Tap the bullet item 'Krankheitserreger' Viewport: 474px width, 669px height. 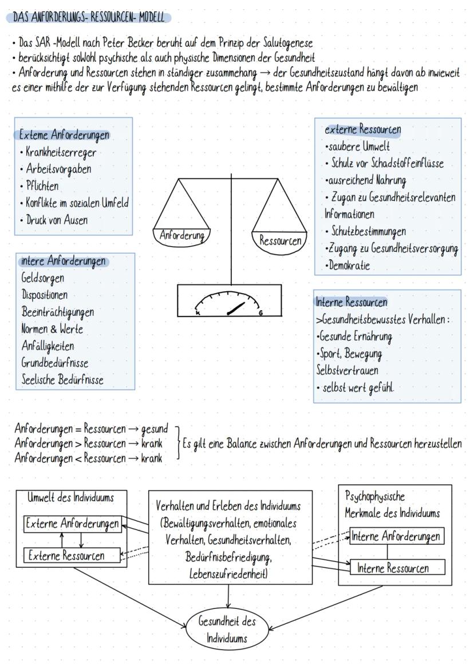[x=60, y=152]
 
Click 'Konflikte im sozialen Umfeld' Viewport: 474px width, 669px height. [x=77, y=203]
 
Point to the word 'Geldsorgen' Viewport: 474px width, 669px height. [x=42, y=278]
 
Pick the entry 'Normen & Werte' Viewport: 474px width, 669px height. [x=52, y=329]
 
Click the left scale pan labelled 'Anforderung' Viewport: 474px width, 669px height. [x=182, y=234]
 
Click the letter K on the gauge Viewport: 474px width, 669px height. [x=197, y=313]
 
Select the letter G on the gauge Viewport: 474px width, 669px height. [x=260, y=313]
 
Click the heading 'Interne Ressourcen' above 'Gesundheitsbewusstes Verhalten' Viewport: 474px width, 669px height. [x=351, y=302]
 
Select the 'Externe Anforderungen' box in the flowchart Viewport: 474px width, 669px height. [x=73, y=524]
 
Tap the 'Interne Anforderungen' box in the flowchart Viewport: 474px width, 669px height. [x=397, y=536]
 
